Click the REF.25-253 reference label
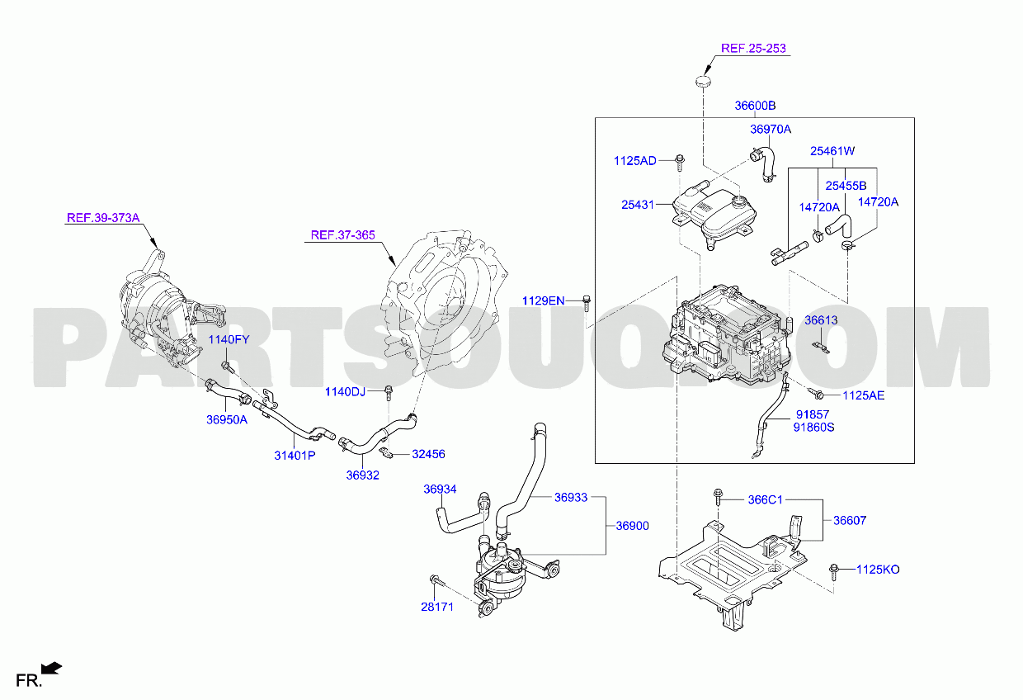coord(753,48)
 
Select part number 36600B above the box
coord(755,106)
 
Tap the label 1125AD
coord(634,161)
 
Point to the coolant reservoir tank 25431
coord(714,214)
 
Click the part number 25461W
coord(832,151)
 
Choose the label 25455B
coord(846,186)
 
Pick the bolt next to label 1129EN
coord(587,303)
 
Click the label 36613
coord(821,320)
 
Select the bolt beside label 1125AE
coord(815,392)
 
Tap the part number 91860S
coord(813,428)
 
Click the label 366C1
coord(765,500)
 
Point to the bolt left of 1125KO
coord(833,571)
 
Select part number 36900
coord(632,526)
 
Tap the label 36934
coord(440,490)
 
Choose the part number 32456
coord(428,454)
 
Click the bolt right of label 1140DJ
coord(389,392)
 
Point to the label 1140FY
coord(229,339)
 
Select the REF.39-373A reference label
coord(103,217)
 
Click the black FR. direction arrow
coord(51,668)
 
